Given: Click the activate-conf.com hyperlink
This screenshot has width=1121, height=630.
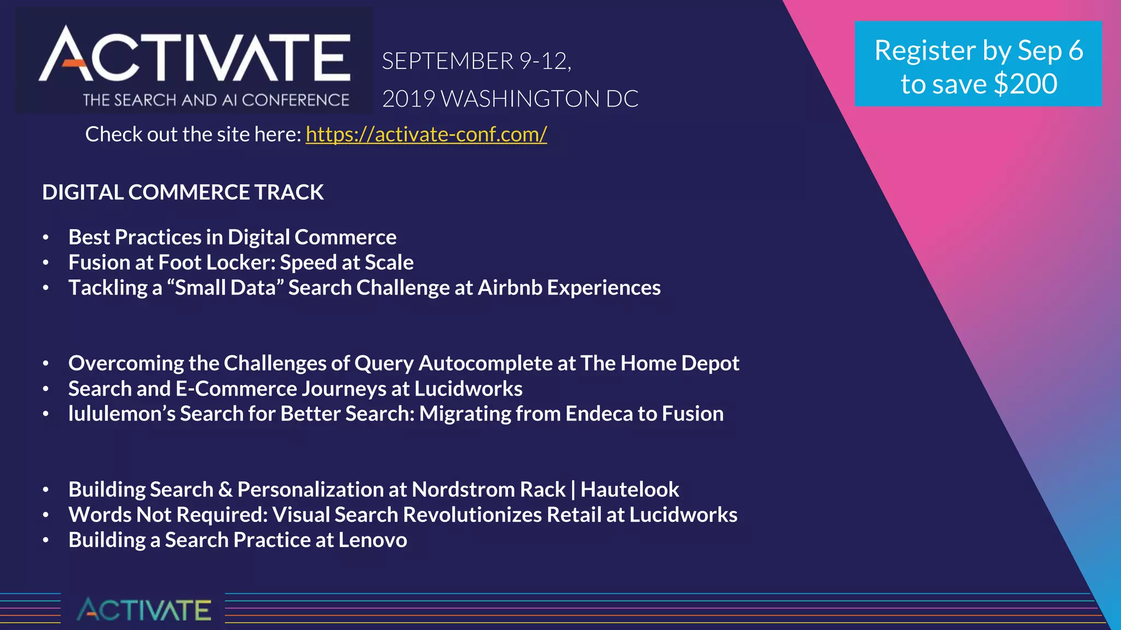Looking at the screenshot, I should pyautogui.click(x=426, y=135).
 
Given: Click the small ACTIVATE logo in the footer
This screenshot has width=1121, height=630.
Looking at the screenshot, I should pyautogui.click(x=143, y=610).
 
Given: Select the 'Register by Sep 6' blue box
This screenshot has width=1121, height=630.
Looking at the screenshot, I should pyautogui.click(x=978, y=63).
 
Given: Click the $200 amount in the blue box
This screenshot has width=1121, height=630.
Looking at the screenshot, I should pyautogui.click(x=1025, y=84).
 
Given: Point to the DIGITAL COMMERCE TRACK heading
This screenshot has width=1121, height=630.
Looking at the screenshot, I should pyautogui.click(x=183, y=192).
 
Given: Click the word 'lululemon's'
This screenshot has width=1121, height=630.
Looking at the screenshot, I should pyautogui.click(x=122, y=414).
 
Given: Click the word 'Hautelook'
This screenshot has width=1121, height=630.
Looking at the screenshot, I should pyautogui.click(x=629, y=489).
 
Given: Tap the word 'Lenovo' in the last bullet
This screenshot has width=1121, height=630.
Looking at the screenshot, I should pyautogui.click(x=372, y=540).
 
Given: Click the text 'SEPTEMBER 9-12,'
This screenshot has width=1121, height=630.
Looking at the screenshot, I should pyautogui.click(x=476, y=61).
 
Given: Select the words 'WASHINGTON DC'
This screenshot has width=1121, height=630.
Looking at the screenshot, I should pyautogui.click(x=539, y=99).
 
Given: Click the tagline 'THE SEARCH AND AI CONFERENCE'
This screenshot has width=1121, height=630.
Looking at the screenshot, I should pyautogui.click(x=216, y=100).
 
